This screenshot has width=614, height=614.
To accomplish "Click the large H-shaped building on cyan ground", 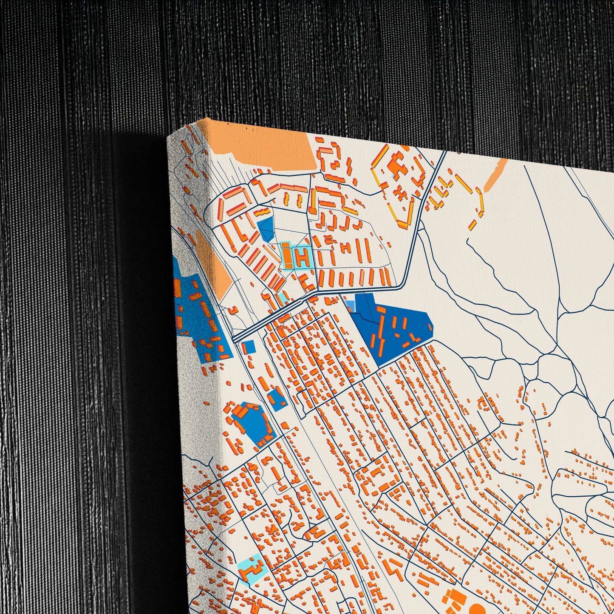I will coord(303,257).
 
